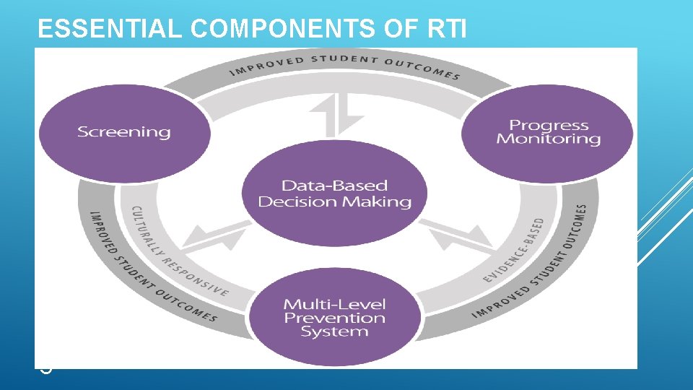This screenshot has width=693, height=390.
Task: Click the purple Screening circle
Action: (x=124, y=131)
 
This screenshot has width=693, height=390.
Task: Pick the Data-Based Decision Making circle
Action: (x=334, y=194)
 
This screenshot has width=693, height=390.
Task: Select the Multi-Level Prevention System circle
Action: (x=335, y=318)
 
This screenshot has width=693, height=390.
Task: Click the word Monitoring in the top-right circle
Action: (x=548, y=139)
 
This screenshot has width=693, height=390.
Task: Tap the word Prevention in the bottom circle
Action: (x=335, y=318)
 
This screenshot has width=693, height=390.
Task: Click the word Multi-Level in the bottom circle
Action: (x=335, y=304)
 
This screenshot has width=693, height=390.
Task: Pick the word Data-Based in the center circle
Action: (x=334, y=186)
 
